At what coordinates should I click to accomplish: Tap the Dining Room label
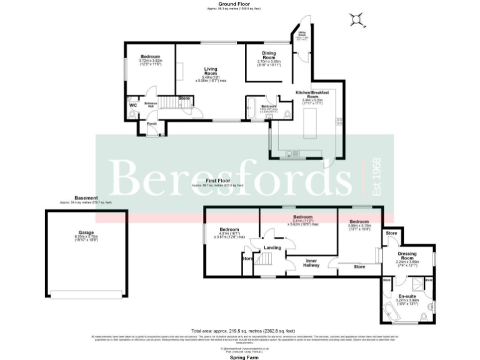(x=269, y=56)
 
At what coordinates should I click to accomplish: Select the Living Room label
(x=214, y=72)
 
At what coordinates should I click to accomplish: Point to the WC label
(x=133, y=105)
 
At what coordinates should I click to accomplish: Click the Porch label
(x=152, y=124)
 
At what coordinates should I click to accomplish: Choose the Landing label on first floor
(x=272, y=248)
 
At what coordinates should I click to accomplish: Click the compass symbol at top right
(x=357, y=19)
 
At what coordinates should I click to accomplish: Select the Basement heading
(x=85, y=198)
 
